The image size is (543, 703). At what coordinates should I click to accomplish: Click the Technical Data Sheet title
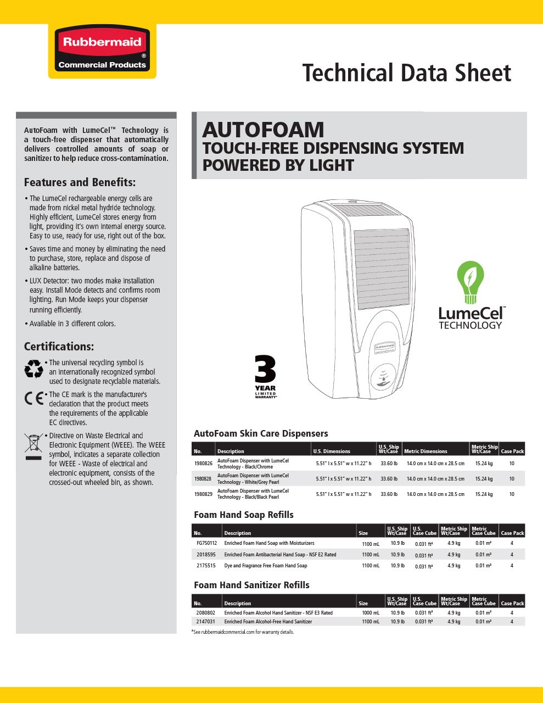click(x=406, y=73)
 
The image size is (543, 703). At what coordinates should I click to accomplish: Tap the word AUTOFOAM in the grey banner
click(x=263, y=130)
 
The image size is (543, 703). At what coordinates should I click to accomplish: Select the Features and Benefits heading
click(x=80, y=182)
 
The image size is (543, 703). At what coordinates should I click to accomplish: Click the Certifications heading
click(x=59, y=347)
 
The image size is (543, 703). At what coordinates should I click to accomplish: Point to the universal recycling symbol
click(x=33, y=369)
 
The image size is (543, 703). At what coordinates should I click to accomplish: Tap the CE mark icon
click(x=33, y=398)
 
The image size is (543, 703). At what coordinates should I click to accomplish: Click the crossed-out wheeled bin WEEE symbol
click(x=33, y=445)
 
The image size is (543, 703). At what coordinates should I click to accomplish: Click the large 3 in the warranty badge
click(x=266, y=370)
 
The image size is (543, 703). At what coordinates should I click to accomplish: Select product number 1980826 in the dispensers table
click(x=203, y=464)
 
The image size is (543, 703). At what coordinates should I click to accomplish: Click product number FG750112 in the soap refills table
click(x=206, y=543)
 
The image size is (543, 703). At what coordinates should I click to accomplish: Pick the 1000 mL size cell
click(x=371, y=613)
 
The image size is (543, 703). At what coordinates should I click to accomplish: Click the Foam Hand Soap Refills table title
click(x=244, y=515)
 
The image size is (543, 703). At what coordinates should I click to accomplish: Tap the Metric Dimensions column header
click(x=426, y=451)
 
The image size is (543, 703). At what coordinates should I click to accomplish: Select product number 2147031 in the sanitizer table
click(x=205, y=622)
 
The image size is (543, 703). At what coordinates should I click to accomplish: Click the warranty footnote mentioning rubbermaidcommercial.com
click(x=243, y=632)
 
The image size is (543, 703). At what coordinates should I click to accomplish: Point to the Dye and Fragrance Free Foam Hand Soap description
click(x=266, y=566)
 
